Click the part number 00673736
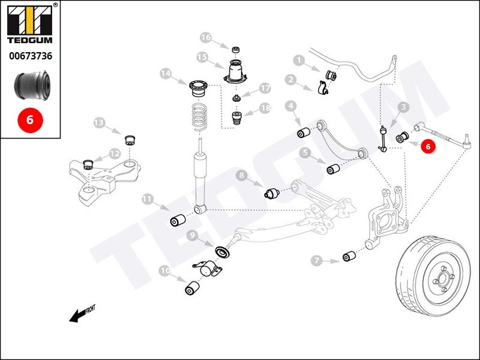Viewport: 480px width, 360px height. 30,56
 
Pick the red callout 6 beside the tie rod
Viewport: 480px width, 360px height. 427,146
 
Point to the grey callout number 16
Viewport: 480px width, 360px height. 206,38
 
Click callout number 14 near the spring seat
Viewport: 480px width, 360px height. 166,74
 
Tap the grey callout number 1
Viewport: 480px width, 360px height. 298,60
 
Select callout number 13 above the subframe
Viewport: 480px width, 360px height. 99,124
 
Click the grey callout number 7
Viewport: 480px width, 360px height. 317,260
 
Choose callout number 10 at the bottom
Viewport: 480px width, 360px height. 164,271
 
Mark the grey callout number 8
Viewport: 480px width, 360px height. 241,176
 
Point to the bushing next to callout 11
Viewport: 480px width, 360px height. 177,220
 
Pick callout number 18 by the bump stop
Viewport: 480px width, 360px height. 265,109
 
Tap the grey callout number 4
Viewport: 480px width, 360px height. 291,107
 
